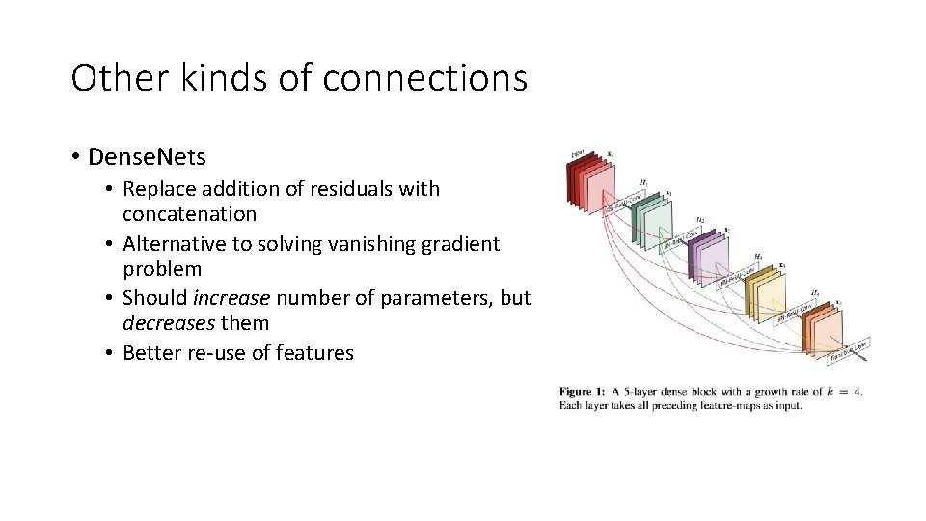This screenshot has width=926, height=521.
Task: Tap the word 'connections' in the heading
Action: tap(425, 77)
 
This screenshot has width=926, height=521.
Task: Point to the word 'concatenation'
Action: tap(190, 213)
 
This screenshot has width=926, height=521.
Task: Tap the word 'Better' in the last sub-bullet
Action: tap(152, 353)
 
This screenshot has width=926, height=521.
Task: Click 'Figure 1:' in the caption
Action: tap(583, 391)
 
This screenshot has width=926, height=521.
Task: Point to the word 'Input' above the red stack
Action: tap(577, 152)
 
